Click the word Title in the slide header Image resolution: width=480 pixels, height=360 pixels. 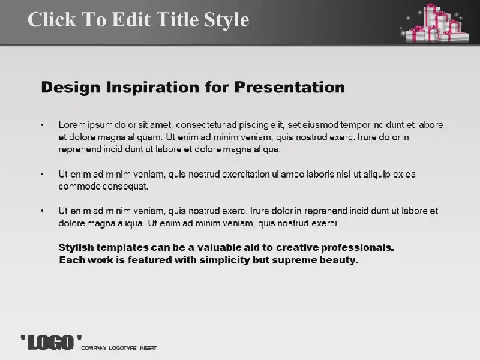(x=178, y=19)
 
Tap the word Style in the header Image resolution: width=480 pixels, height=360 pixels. (x=227, y=20)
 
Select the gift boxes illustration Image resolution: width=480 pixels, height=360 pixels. (x=434, y=23)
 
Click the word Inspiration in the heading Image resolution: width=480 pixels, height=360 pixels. (x=152, y=88)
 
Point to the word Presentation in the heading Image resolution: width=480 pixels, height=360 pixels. (x=290, y=87)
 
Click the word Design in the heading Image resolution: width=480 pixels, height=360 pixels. (x=70, y=88)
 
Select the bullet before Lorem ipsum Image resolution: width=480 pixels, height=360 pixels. (x=42, y=125)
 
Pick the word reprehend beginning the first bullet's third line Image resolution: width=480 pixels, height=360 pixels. (x=80, y=149)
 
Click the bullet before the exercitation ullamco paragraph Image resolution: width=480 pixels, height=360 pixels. (x=42, y=174)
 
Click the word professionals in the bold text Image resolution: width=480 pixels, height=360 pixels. (x=358, y=248)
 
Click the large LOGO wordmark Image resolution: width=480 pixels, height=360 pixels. (x=51, y=342)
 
